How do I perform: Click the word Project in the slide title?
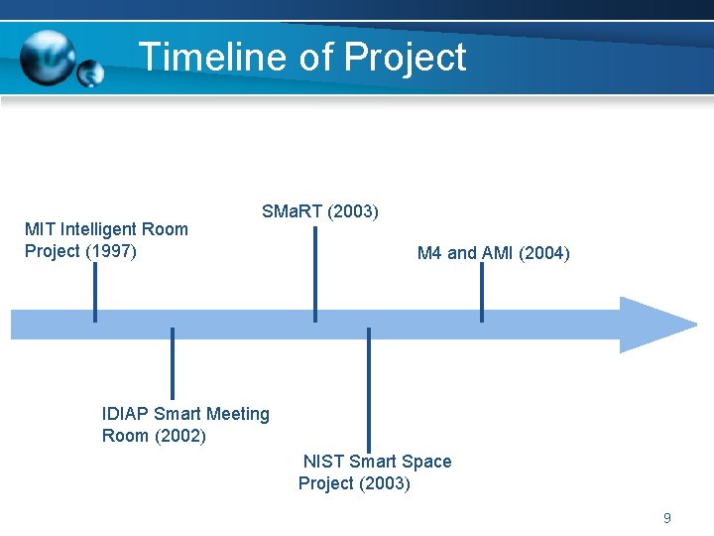[405, 58]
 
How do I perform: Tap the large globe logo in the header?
[48, 57]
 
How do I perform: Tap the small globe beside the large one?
[90, 73]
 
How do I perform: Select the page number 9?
[666, 518]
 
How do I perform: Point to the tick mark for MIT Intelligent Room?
[95, 293]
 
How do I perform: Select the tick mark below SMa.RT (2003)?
[314, 274]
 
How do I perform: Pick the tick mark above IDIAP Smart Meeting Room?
[173, 363]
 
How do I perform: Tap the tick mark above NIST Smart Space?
[369, 390]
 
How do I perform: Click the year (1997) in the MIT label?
[111, 251]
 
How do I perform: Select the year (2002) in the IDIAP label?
[180, 436]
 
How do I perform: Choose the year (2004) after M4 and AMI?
[543, 253]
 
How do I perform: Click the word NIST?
[324, 462]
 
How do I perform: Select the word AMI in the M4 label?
[497, 253]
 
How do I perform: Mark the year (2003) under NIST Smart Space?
[384, 483]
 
